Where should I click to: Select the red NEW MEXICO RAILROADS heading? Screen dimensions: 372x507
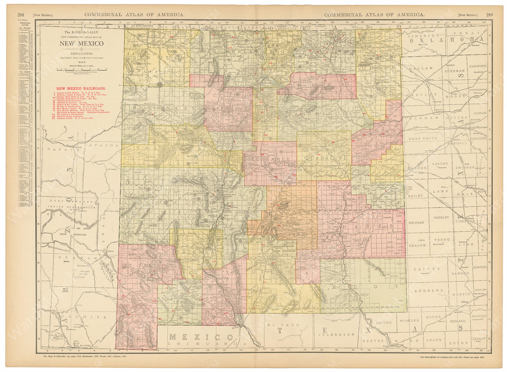pos(81,88)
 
